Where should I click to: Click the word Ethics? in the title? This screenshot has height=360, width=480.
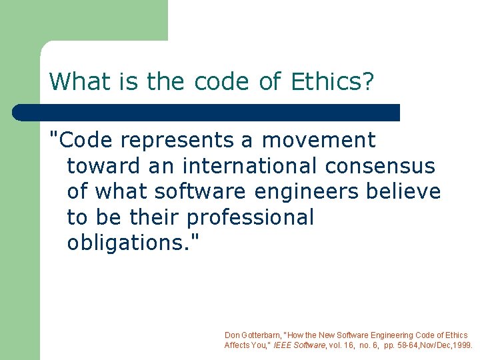pyautogui.click(x=333, y=82)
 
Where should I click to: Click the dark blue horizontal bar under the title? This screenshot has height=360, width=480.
pyautogui.click(x=207, y=113)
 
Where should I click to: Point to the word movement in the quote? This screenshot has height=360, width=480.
pyautogui.click(x=319, y=141)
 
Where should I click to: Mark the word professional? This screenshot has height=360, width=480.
pyautogui.click(x=250, y=217)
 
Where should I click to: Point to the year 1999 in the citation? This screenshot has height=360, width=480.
pyautogui.click(x=461, y=345)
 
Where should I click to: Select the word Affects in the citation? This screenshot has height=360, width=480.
pyautogui.click(x=236, y=345)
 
